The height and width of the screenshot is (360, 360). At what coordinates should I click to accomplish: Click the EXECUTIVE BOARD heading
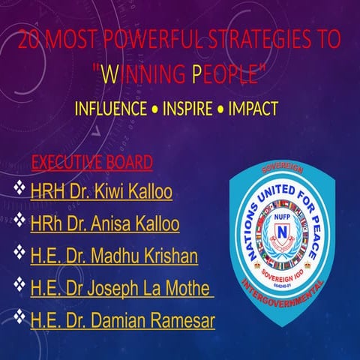tap(92, 161)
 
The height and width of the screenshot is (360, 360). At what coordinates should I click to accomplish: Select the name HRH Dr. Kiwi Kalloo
tap(101, 192)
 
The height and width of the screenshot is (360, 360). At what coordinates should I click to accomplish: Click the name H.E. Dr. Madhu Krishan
tap(114, 256)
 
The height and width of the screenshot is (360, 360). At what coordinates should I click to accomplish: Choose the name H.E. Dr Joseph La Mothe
tap(121, 289)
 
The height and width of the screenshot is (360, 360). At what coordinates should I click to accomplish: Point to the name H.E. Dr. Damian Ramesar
tap(123, 321)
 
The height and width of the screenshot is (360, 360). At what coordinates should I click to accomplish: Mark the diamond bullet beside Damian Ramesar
tap(20, 319)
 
